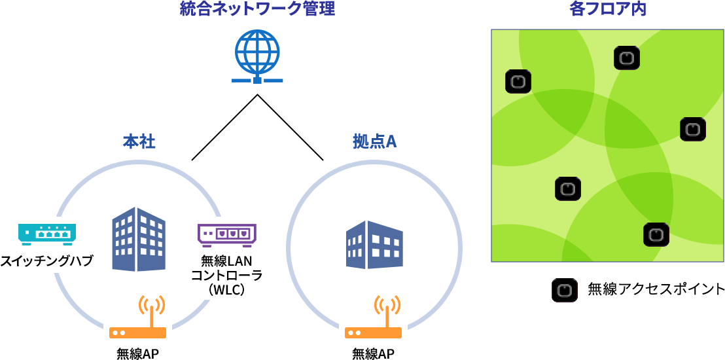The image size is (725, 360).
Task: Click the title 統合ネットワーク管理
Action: click(x=257, y=9)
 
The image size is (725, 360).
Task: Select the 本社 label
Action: click(x=139, y=141)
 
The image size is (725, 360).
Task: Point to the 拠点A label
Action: click(x=374, y=141)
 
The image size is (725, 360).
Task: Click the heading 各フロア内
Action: click(x=608, y=9)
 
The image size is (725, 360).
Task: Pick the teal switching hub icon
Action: click(x=47, y=233)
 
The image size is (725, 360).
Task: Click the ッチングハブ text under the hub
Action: click(x=59, y=261)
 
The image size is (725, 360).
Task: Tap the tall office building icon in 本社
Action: click(x=139, y=239)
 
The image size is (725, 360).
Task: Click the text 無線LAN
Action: click(x=226, y=261)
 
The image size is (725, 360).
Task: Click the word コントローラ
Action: click(x=224, y=275)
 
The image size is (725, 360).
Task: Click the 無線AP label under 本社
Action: click(x=138, y=353)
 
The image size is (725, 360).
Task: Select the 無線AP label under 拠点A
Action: click(x=374, y=353)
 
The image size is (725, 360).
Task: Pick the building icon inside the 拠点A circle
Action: click(x=374, y=245)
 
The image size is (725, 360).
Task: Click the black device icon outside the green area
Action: click(x=564, y=290)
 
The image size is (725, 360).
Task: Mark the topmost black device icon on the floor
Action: click(x=626, y=58)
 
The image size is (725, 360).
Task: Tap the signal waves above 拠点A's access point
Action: click(x=387, y=305)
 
